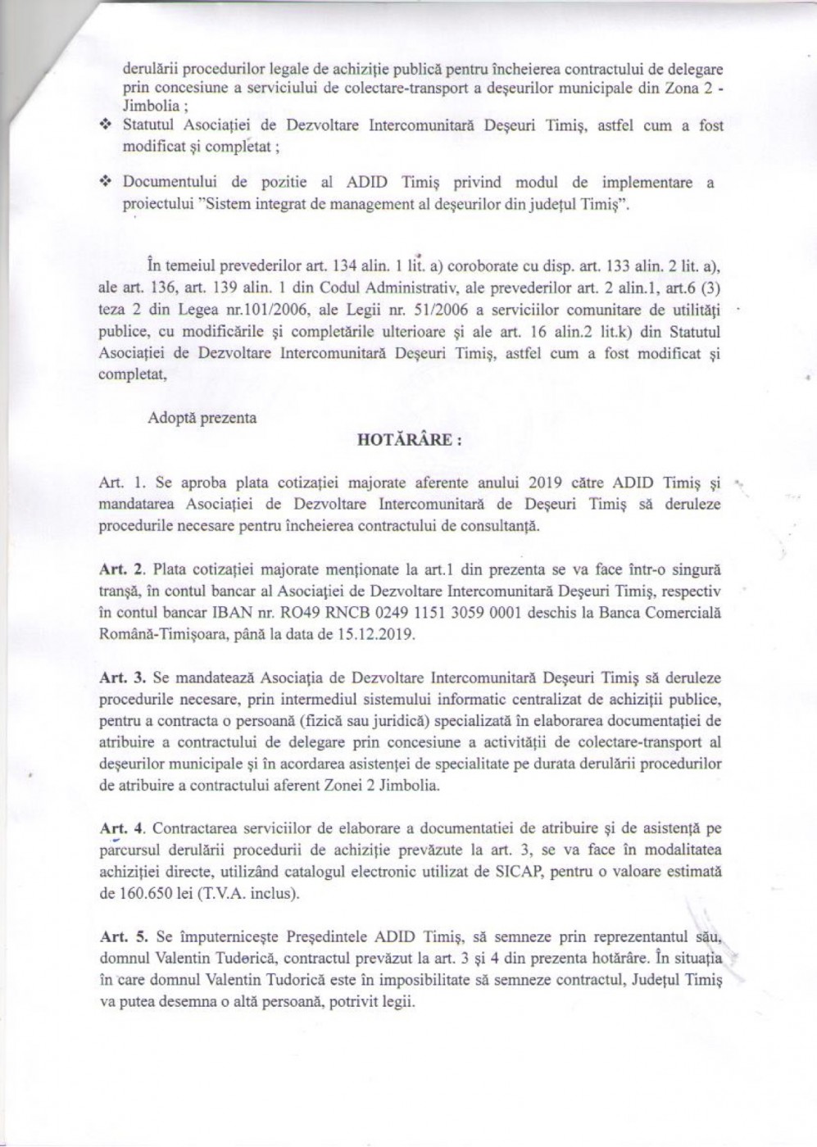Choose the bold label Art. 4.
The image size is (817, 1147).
(121, 829)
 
